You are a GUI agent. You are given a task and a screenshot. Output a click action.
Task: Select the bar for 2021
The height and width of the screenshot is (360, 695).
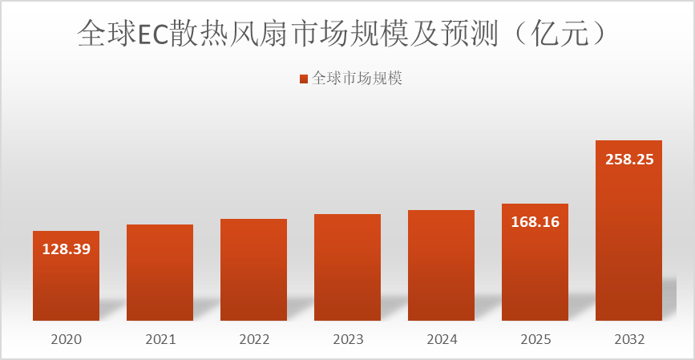(x=160, y=273)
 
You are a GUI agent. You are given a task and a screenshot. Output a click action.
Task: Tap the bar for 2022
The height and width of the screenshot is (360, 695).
(x=253, y=270)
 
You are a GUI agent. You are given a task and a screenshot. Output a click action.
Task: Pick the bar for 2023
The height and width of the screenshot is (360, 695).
(x=347, y=268)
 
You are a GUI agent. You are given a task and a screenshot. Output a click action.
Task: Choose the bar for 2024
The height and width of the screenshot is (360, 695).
(x=441, y=265)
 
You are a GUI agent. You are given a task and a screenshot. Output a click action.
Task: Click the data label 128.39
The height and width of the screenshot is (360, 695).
(x=66, y=249)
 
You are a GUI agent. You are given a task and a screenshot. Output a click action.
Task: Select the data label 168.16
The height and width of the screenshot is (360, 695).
(x=535, y=221)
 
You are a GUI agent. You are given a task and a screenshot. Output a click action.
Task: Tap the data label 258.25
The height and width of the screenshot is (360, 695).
(x=628, y=159)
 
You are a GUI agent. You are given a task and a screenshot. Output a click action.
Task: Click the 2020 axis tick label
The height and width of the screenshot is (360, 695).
(x=66, y=340)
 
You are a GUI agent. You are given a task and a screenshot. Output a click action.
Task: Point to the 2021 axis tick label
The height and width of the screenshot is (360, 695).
(x=160, y=340)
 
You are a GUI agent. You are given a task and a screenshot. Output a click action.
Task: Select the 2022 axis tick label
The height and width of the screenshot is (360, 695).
(x=253, y=340)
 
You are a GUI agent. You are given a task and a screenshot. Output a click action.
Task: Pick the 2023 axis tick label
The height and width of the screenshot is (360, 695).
(x=347, y=340)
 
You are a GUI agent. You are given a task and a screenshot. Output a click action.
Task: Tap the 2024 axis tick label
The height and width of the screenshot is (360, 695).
(x=441, y=340)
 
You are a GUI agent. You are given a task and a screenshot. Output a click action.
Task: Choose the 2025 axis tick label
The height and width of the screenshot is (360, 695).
(x=535, y=340)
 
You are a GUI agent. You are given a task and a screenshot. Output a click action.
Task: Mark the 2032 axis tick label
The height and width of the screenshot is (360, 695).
(x=628, y=340)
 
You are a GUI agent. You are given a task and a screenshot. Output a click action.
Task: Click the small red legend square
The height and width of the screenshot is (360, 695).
(x=303, y=79)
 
